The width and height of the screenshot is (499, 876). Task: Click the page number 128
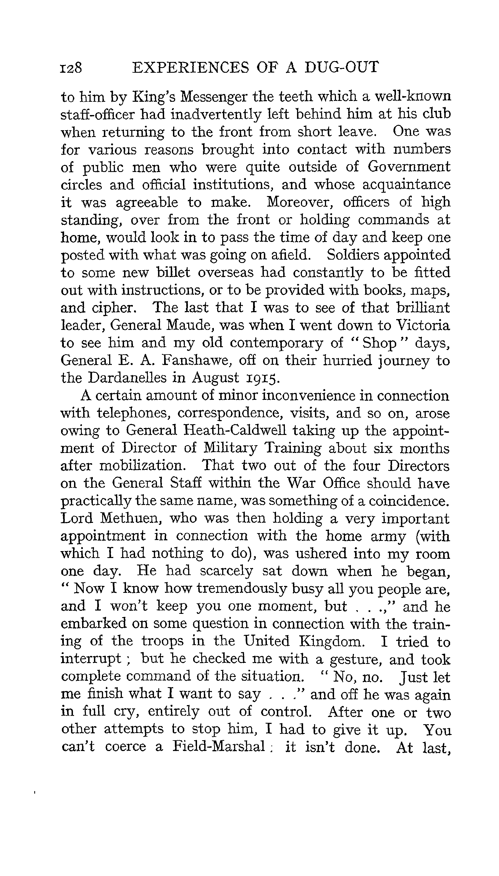point(71,67)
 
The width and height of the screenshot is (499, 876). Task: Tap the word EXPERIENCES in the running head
point(191,67)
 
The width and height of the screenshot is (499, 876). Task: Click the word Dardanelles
point(132,378)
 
